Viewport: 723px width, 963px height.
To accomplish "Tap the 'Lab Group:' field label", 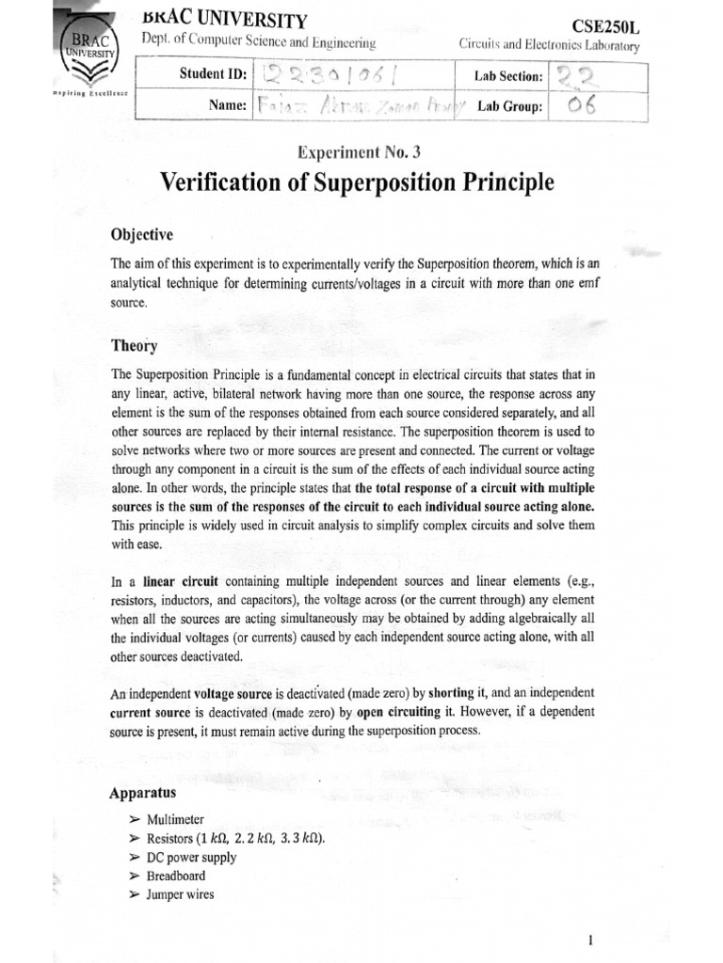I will click(x=509, y=107).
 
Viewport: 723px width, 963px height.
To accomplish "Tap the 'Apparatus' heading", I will click(x=143, y=793).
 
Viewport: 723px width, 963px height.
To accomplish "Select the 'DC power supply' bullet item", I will click(x=191, y=857).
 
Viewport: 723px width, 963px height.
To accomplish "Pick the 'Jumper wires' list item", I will click(x=180, y=894).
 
